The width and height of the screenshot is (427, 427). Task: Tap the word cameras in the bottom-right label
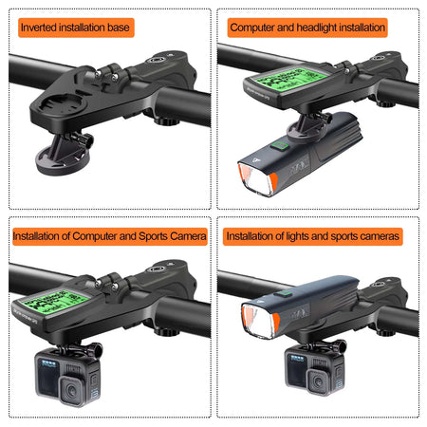pos(379,235)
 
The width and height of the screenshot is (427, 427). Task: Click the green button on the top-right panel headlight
pos(280,146)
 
